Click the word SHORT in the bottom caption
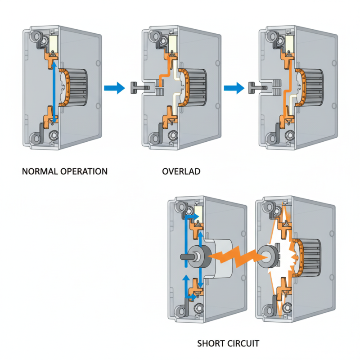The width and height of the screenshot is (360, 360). (x=211, y=344)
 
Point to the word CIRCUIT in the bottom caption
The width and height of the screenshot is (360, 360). (x=243, y=344)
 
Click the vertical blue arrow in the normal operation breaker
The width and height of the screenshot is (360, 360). (x=54, y=92)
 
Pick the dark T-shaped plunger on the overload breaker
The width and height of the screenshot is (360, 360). (x=137, y=87)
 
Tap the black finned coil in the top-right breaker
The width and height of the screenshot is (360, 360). (x=315, y=85)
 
